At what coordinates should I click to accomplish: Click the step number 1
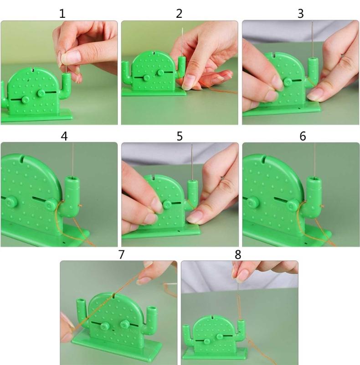point(62,14)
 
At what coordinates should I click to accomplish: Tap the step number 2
point(179,14)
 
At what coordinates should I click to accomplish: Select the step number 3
point(300,14)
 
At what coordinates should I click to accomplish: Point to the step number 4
point(64,136)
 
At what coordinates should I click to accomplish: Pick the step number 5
point(180,136)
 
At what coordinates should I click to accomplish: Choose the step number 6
point(303,136)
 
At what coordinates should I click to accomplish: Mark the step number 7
point(121,254)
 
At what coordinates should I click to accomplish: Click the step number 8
point(237,254)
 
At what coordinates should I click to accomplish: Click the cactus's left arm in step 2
point(126,73)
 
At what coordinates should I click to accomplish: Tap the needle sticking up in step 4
point(72,157)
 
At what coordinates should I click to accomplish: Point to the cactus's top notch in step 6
point(265,159)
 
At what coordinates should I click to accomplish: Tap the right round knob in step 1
point(41,94)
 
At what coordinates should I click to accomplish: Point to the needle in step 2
point(182,41)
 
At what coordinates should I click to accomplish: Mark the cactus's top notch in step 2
point(154,54)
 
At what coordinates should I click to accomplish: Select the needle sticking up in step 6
point(314,157)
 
